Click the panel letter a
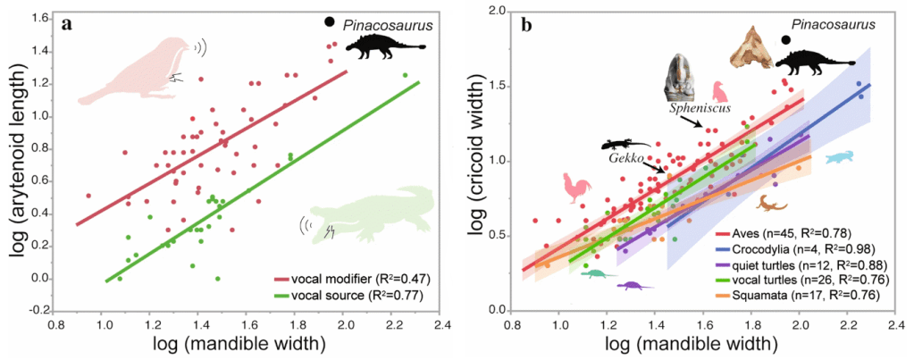click(x=66, y=24)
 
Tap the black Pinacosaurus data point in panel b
click(x=786, y=38)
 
